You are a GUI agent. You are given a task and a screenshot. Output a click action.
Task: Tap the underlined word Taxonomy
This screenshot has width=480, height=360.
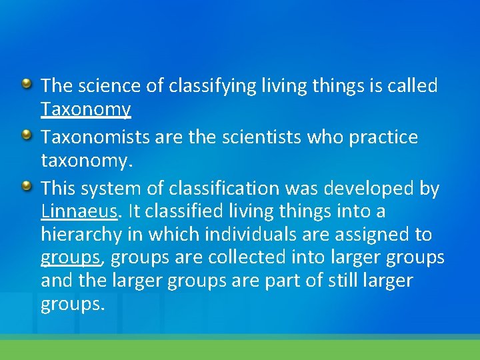tap(85, 109)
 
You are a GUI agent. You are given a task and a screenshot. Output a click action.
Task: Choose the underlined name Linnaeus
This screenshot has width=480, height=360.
tap(79, 212)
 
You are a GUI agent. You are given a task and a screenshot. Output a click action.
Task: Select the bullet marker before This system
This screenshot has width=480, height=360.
tap(26, 187)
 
